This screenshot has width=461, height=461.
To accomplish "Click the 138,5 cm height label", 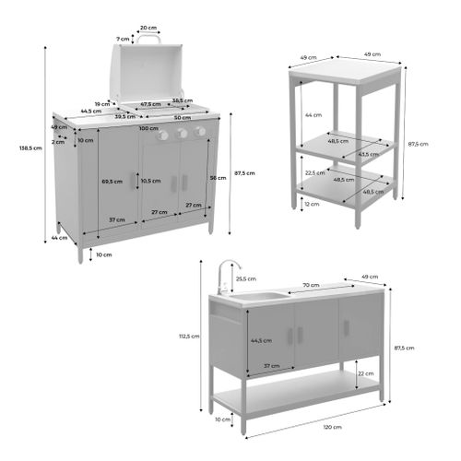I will pyautogui.click(x=30, y=148).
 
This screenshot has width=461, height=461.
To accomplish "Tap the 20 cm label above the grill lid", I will pyautogui.click(x=148, y=29).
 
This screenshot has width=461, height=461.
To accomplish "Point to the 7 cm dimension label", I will pyautogui.click(x=124, y=40).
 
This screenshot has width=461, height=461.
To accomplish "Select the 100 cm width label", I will pyautogui.click(x=148, y=128).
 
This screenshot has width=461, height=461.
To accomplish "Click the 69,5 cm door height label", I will pyautogui.click(x=112, y=183).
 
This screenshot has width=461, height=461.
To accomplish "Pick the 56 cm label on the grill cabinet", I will pyautogui.click(x=218, y=178).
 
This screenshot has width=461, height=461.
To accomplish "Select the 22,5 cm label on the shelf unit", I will pyautogui.click(x=313, y=171).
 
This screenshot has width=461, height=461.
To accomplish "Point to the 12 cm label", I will pyautogui.click(x=313, y=205).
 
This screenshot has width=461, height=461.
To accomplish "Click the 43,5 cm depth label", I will pyautogui.click(x=368, y=154).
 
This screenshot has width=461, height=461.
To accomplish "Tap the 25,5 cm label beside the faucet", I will pyautogui.click(x=246, y=278).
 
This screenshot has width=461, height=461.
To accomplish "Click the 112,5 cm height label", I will pyautogui.click(x=191, y=336).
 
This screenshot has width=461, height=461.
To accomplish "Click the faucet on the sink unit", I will pyautogui.click(x=222, y=275).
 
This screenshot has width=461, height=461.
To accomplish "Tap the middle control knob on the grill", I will pyautogui.click(x=182, y=133).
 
